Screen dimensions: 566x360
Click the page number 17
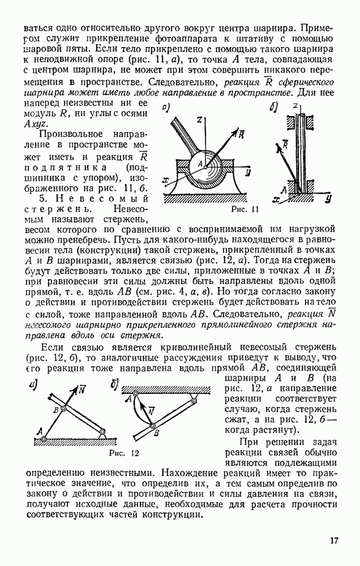pos(335,541)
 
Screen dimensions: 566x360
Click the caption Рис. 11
pos(245,210)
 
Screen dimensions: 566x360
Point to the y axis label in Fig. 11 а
pos(249,170)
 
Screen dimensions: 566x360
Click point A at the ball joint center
pos(200,165)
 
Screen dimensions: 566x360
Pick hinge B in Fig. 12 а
pos(64,409)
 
